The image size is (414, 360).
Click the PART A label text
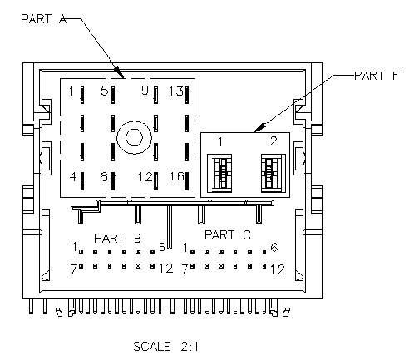coord(44,19)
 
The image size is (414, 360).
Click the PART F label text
coord(377,76)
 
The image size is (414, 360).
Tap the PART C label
coord(228,235)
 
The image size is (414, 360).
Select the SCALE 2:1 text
coord(165,347)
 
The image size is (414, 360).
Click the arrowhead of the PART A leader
coord(120,72)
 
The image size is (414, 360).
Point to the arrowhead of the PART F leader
coord(259,128)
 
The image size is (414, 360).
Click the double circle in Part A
coord(135,137)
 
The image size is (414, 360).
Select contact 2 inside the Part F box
coord(273,174)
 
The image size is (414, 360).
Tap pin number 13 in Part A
coord(176,91)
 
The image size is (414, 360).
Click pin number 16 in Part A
coord(177,176)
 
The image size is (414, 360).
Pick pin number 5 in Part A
coord(104,91)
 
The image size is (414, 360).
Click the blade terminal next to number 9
coord(155,95)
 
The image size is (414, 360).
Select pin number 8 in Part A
coord(104,176)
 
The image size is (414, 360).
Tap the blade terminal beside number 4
coord(82,181)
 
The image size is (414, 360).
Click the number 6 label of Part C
coord(274,247)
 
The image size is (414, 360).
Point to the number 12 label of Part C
coord(278,269)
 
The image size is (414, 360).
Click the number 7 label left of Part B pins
coord(73,269)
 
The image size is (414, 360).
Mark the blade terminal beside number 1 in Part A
coord(82,95)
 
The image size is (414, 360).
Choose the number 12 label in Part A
coord(145,177)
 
